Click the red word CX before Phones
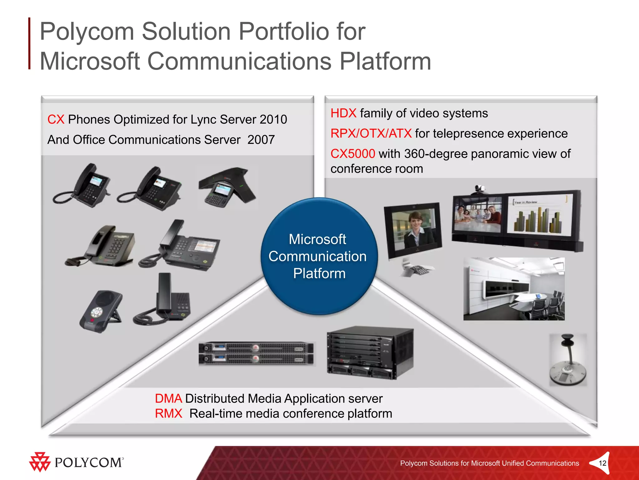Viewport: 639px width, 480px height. click(56, 119)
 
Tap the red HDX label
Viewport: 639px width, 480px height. click(343, 113)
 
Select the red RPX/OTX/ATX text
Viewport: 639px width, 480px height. click(371, 133)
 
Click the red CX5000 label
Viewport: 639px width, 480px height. click(353, 154)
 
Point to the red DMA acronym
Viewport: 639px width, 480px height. click(168, 398)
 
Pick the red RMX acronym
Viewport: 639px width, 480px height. click(168, 413)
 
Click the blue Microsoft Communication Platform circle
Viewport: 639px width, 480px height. click(319, 256)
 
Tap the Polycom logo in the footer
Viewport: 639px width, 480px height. click(76, 462)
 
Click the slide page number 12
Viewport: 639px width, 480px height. click(602, 463)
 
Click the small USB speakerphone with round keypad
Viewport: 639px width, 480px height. click(100, 311)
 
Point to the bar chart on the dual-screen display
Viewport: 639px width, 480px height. click(538, 219)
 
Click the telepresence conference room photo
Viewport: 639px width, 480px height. click(514, 289)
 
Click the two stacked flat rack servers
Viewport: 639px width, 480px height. click(256, 353)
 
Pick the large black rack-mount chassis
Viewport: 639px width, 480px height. click(370, 352)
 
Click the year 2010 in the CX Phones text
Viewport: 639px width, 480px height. click(273, 119)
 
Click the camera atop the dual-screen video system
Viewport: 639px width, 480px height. click(480, 189)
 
